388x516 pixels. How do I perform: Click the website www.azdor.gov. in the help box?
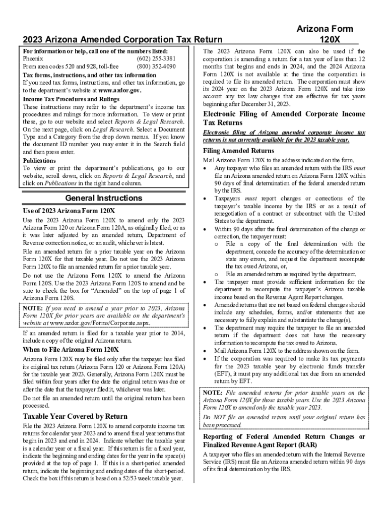click(120, 91)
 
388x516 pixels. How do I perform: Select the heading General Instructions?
click(104, 198)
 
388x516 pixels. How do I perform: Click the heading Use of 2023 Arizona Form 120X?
click(70, 211)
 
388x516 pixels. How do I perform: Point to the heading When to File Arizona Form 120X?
click(71, 349)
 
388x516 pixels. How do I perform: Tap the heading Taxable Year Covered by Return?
click(75, 416)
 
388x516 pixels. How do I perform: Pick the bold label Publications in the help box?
click(40, 161)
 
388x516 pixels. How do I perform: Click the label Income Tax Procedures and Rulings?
click(71, 99)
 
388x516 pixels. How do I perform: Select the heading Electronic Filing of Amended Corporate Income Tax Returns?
click(284, 118)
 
